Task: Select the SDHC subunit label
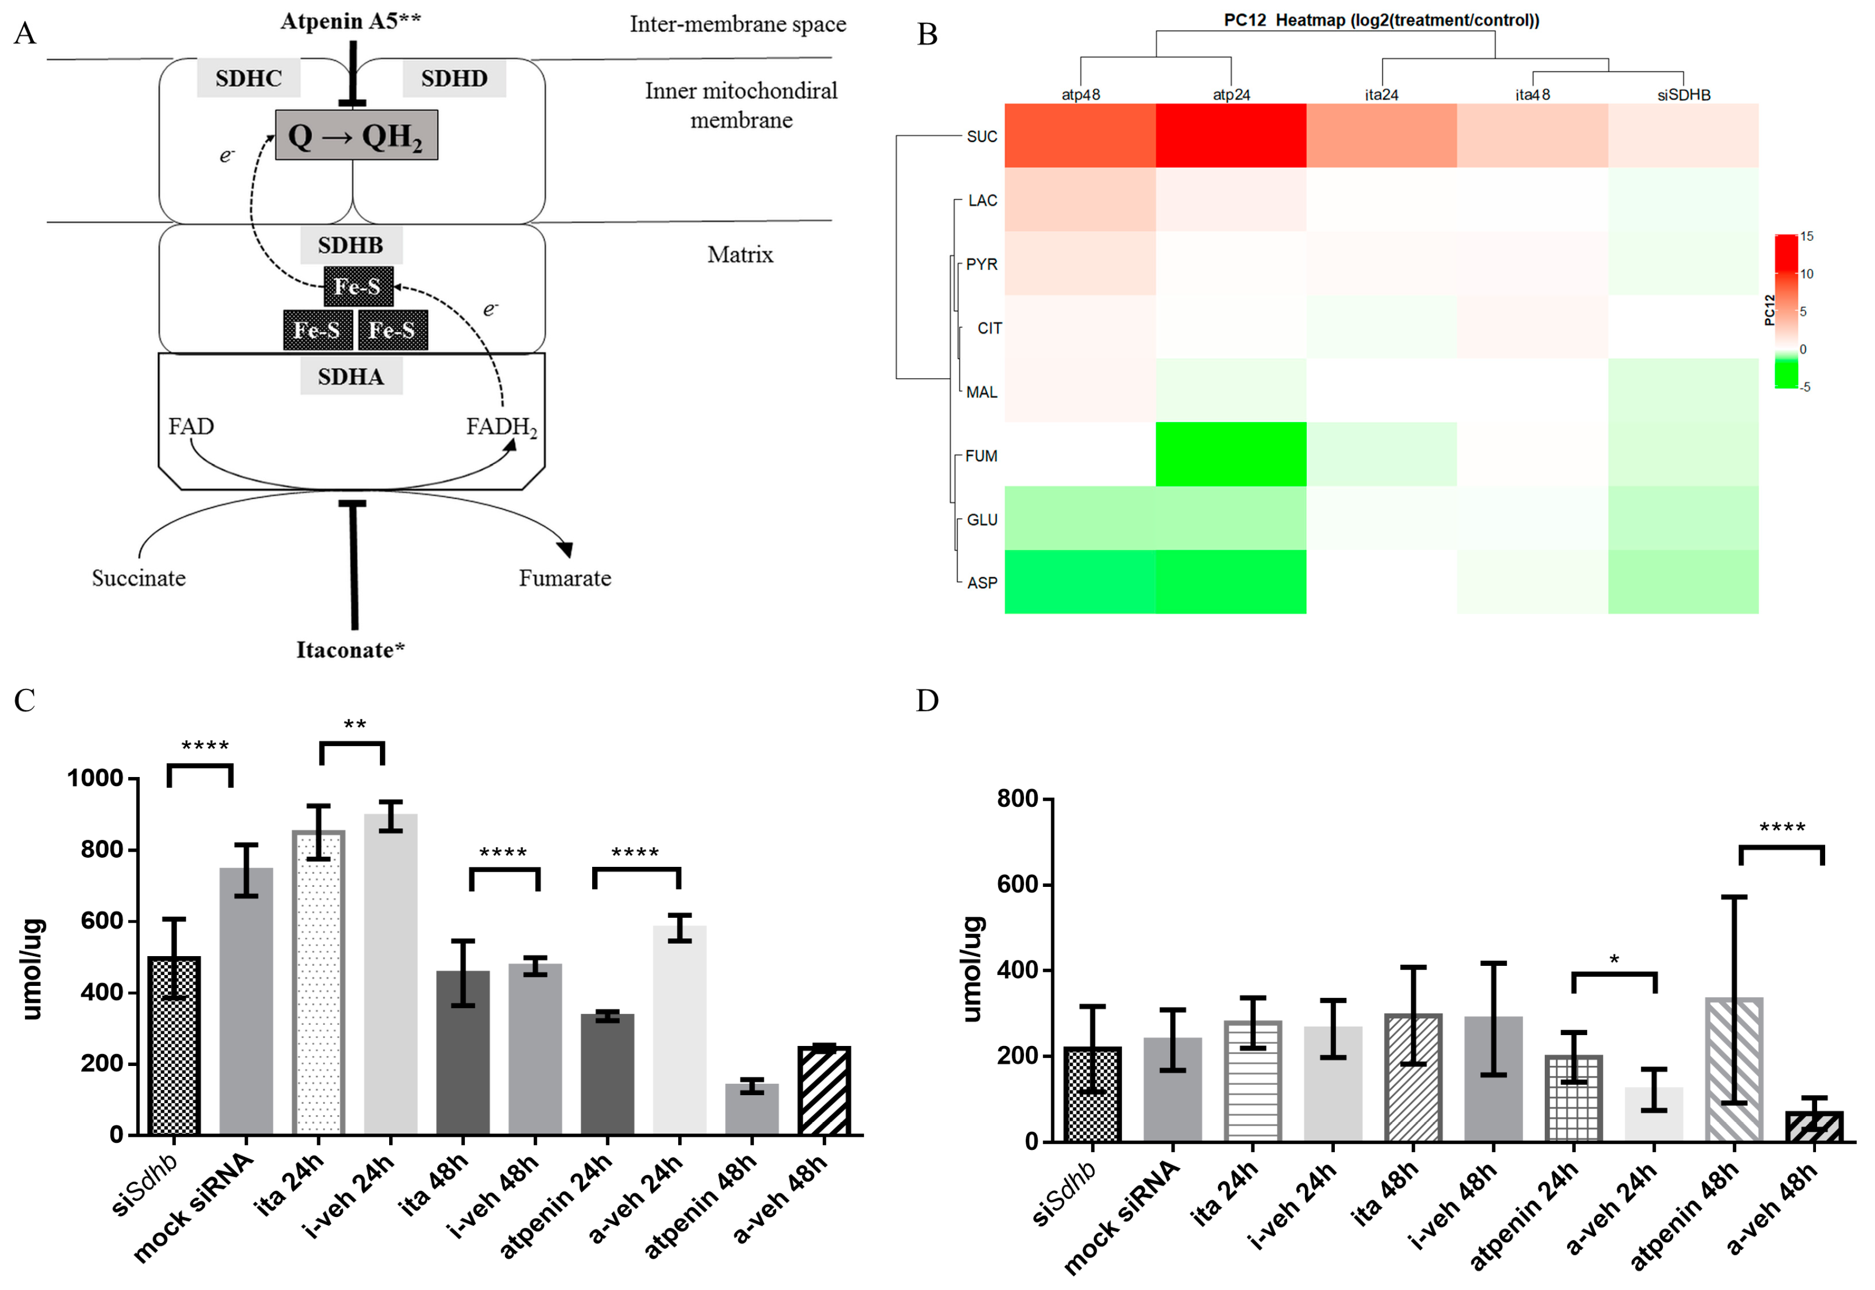click(x=248, y=78)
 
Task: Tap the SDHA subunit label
click(x=350, y=377)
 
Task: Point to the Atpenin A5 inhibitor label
click(x=350, y=21)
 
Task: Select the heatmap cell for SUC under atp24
click(x=1230, y=136)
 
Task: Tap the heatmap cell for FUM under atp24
click(x=1230, y=454)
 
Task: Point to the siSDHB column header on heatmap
click(x=1683, y=95)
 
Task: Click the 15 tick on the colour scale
click(x=1806, y=236)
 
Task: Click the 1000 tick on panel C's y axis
click(x=95, y=778)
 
